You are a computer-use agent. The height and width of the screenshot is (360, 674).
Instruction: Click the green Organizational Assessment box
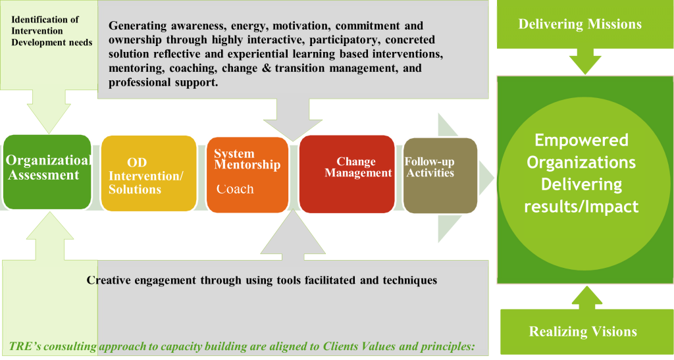coord(47,171)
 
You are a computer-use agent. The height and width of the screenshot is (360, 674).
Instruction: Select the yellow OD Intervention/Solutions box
coord(148,174)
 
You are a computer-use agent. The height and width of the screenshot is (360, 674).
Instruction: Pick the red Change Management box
coord(347,174)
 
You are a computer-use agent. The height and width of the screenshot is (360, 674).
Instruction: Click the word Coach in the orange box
coord(235,190)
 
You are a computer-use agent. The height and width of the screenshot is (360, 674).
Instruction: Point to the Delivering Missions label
coord(580,25)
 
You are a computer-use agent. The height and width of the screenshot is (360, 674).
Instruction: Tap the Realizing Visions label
coord(583,331)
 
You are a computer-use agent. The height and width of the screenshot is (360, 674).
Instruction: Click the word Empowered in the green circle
coord(581,140)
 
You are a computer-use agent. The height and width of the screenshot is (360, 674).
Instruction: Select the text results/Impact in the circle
coord(581,206)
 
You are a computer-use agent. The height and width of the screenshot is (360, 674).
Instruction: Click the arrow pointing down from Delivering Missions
coord(581,63)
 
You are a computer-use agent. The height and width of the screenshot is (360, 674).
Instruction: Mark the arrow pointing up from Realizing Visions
coord(583,296)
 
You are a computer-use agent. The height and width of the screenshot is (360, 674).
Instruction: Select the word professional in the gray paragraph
coord(140,84)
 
